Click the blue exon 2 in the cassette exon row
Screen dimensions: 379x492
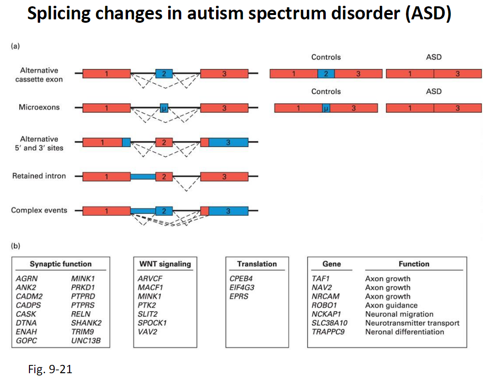[x=164, y=74]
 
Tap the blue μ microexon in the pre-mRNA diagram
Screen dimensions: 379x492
[x=164, y=107]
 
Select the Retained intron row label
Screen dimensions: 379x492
[x=39, y=176]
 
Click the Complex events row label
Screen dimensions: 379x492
[x=39, y=211]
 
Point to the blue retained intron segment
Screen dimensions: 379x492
[x=143, y=177]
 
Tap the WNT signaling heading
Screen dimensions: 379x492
[x=165, y=264]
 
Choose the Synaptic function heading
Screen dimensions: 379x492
[x=60, y=264]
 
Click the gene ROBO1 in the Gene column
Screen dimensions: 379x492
[x=324, y=305]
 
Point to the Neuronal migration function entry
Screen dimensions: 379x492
[x=399, y=314]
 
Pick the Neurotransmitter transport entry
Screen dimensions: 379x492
[x=412, y=323]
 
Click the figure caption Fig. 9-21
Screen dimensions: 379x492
[x=50, y=369]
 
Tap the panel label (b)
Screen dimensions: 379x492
[x=15, y=246]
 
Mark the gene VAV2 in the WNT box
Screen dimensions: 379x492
[x=147, y=332]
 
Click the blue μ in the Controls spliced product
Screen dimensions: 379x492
[x=326, y=108]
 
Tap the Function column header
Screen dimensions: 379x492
[x=414, y=264]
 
